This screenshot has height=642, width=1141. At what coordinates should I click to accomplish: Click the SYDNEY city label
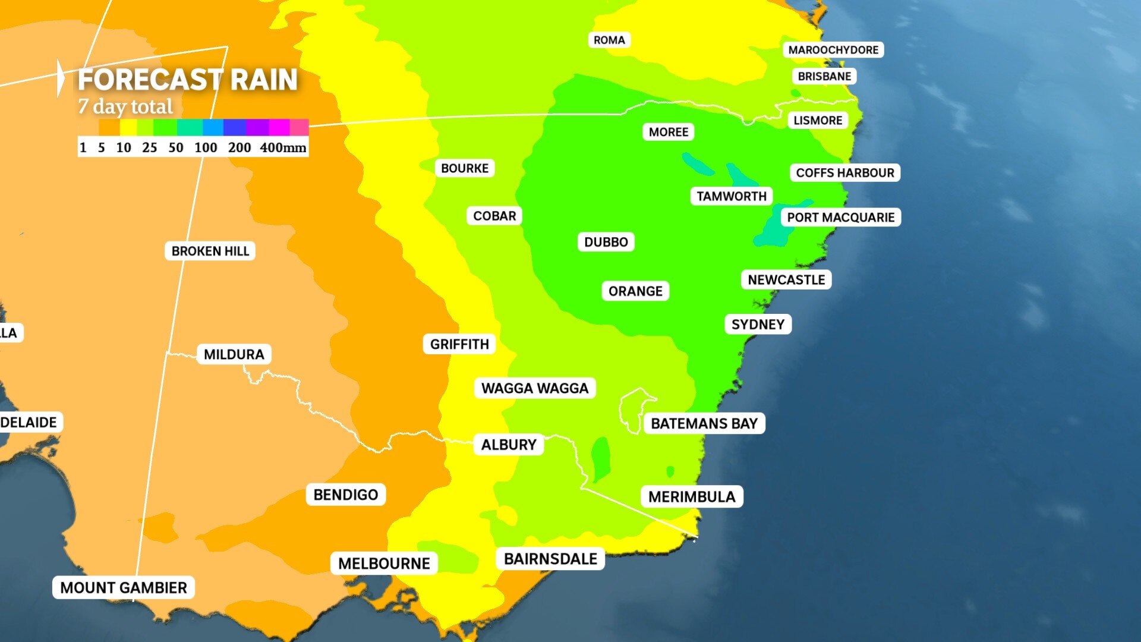pos(758,325)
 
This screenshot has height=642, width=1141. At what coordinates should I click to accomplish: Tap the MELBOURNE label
pos(384,564)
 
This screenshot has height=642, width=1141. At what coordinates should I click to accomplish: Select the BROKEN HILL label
pos(210,251)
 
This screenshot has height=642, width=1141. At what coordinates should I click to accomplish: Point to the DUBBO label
pos(606,242)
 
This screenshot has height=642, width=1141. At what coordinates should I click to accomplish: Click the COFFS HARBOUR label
pos(844,173)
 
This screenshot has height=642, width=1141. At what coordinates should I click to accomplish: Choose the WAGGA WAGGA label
pos(534,388)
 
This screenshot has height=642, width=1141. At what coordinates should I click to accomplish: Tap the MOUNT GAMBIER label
pos(124,588)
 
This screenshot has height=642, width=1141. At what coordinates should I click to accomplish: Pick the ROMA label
pos(609,40)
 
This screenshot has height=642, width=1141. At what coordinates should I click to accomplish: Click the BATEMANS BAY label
pos(704,424)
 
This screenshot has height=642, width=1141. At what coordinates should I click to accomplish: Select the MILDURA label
pos(234,354)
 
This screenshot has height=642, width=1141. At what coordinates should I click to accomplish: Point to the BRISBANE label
pos(824,76)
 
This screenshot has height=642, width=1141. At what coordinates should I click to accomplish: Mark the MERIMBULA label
pos(692,497)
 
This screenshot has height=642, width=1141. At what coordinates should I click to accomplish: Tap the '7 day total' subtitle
pos(125,107)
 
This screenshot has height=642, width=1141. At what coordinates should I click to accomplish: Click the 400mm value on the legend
pos(283,147)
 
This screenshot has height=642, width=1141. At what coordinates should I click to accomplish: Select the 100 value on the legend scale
pos(206,147)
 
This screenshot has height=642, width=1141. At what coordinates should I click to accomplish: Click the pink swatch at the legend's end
pos(299,127)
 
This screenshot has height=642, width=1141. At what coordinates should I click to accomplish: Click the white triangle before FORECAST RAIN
pos(61,78)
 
